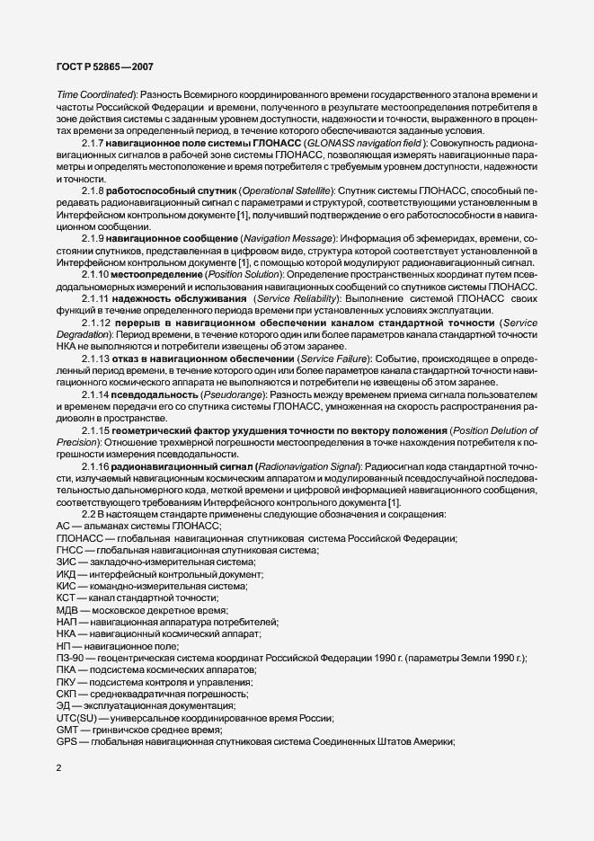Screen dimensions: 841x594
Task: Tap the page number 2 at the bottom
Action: pos(58,768)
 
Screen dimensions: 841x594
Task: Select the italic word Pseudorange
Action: pos(238,418)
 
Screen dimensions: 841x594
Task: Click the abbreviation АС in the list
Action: pos(63,526)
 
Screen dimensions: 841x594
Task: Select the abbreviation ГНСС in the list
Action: pos(68,549)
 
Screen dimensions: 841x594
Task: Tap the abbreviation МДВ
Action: pos(67,609)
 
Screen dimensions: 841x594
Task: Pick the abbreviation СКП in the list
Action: pos(66,693)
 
